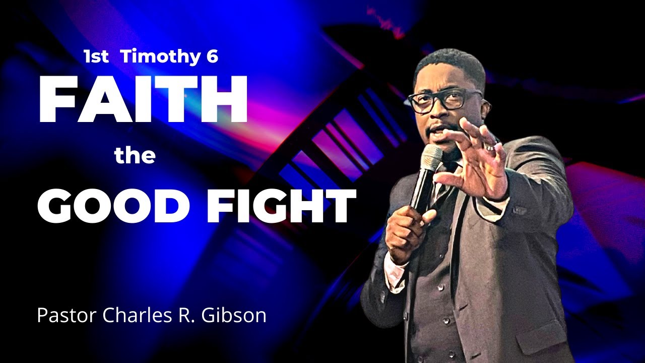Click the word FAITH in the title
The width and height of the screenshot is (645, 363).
(143, 100)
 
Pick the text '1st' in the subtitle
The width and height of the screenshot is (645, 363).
(96, 57)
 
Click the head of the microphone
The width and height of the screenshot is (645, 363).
(431, 157)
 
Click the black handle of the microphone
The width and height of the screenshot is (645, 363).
(421, 192)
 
